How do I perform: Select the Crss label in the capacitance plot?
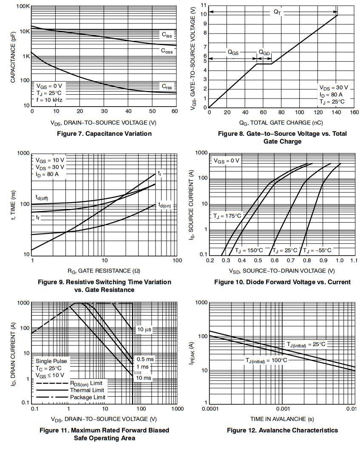(x=167, y=87)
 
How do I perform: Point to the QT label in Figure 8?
(x=278, y=13)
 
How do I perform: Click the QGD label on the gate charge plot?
(x=264, y=52)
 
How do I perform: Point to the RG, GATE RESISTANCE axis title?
(x=104, y=271)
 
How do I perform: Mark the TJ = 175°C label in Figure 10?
(x=227, y=216)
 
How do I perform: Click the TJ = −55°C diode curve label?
(x=317, y=251)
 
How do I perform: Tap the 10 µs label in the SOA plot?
(x=145, y=330)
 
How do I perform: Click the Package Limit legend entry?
(x=87, y=397)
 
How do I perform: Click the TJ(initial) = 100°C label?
(x=266, y=360)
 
